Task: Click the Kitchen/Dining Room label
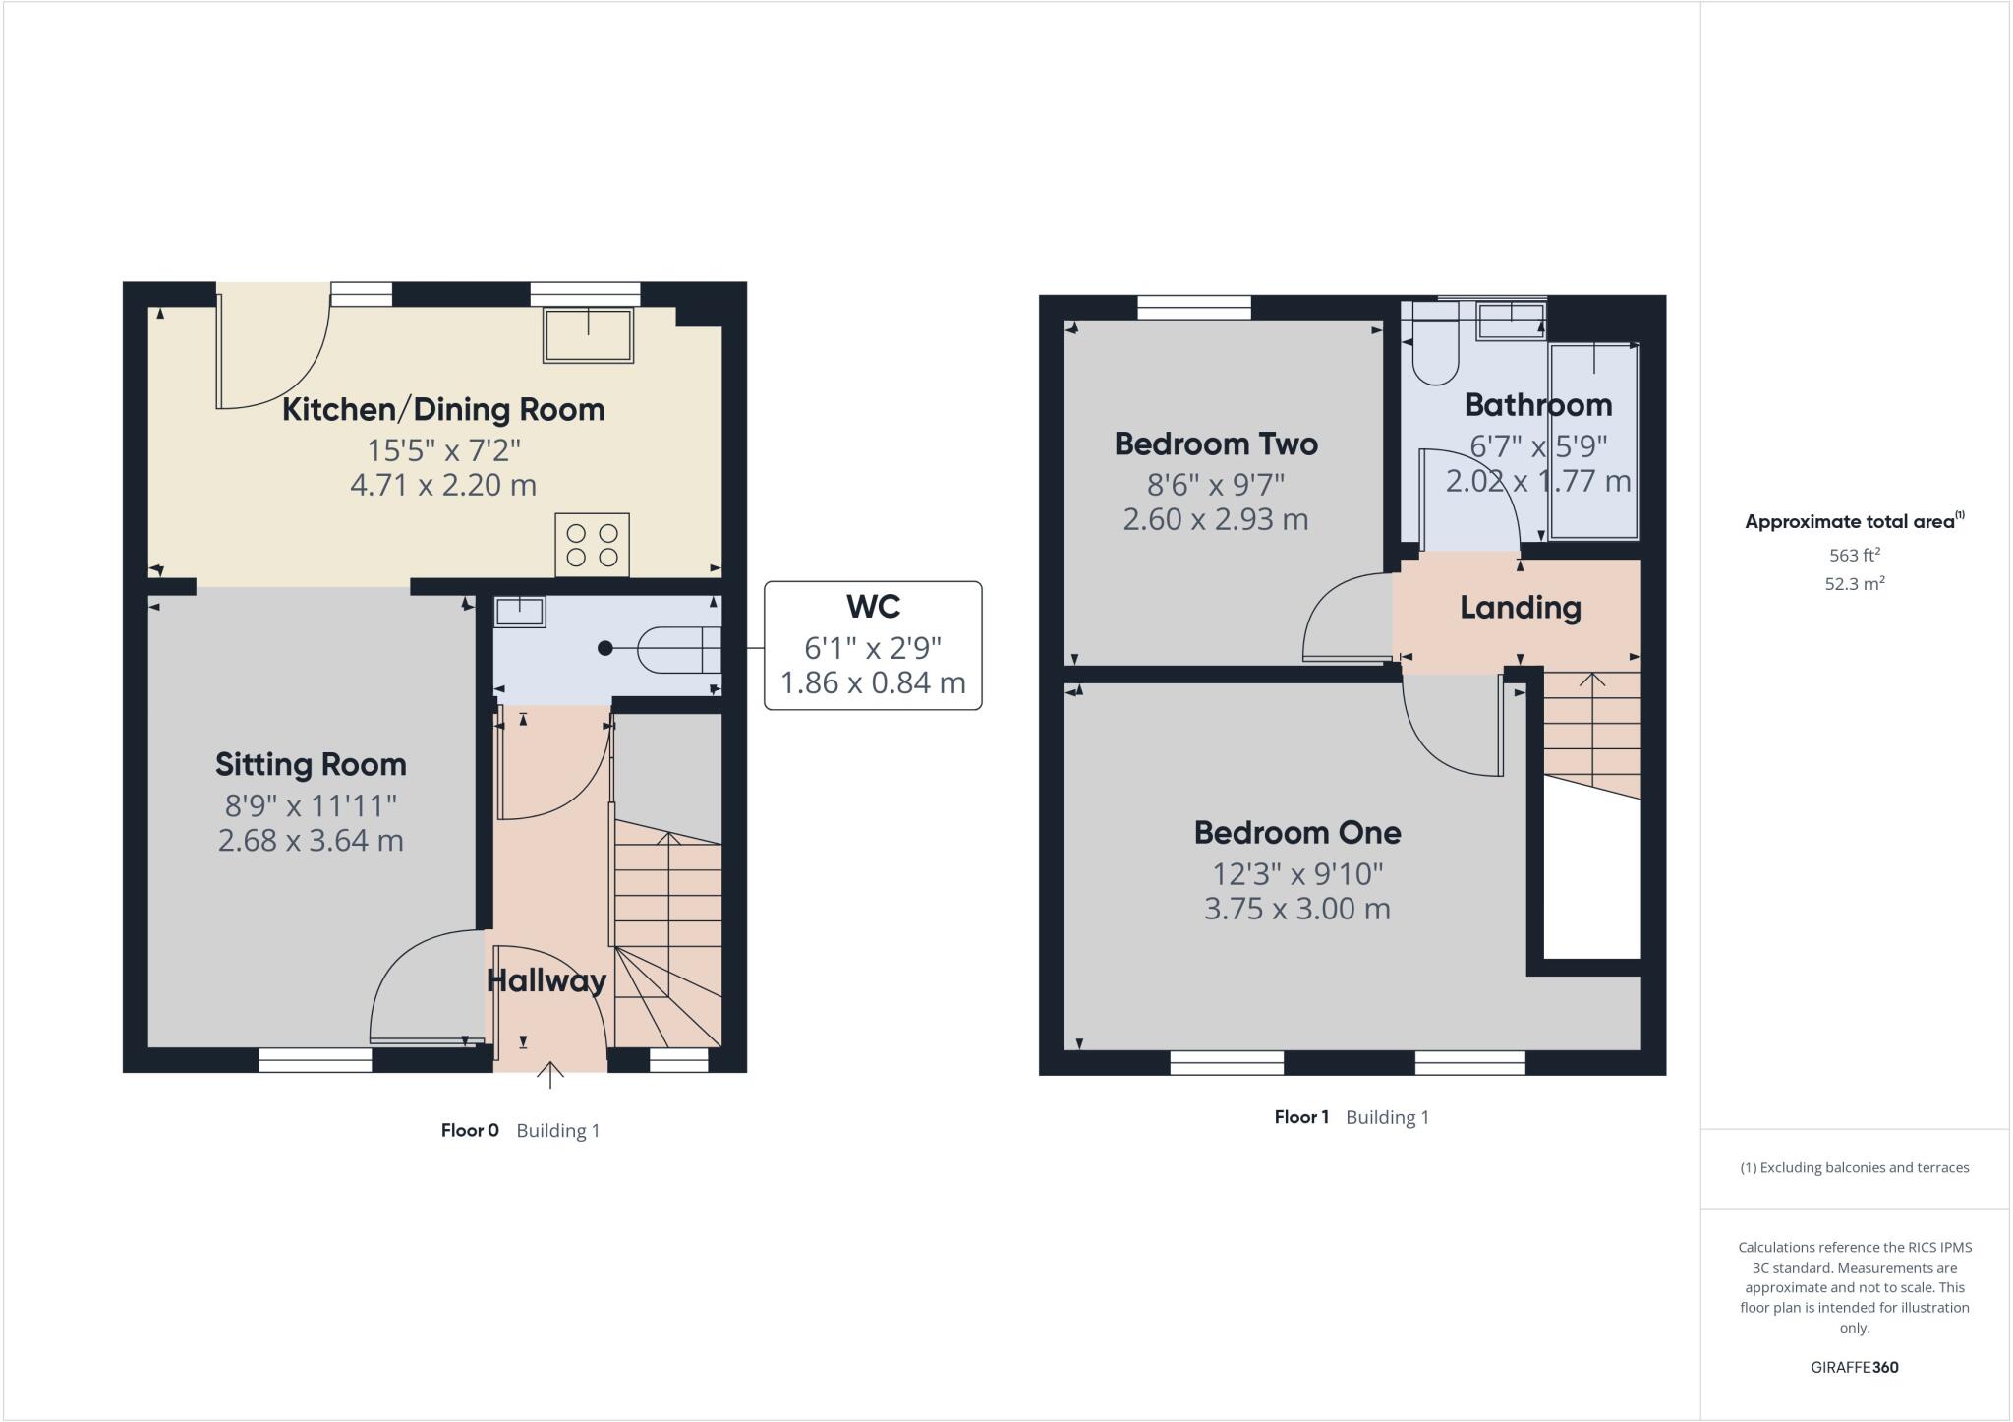443,409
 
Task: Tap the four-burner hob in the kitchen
592,545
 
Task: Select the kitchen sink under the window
588,335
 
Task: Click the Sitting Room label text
311,764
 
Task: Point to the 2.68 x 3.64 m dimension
311,841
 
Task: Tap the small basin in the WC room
519,612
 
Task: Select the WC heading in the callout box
873,606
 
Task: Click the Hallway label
546,980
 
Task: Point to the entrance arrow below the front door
550,1075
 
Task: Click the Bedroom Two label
1216,444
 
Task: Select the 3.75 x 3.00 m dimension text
1297,909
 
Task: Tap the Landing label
1520,607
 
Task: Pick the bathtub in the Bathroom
1593,441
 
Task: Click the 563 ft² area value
1854,554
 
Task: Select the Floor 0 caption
470,1130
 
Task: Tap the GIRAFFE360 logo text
1854,1367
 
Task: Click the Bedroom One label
1297,832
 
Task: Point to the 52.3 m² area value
1854,583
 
